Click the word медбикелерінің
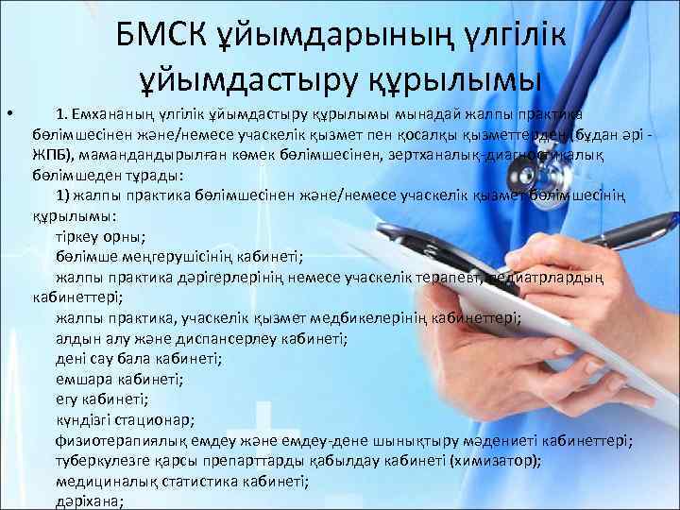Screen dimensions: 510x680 388,318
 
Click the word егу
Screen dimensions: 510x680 68,399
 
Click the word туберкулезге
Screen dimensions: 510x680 99,461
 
